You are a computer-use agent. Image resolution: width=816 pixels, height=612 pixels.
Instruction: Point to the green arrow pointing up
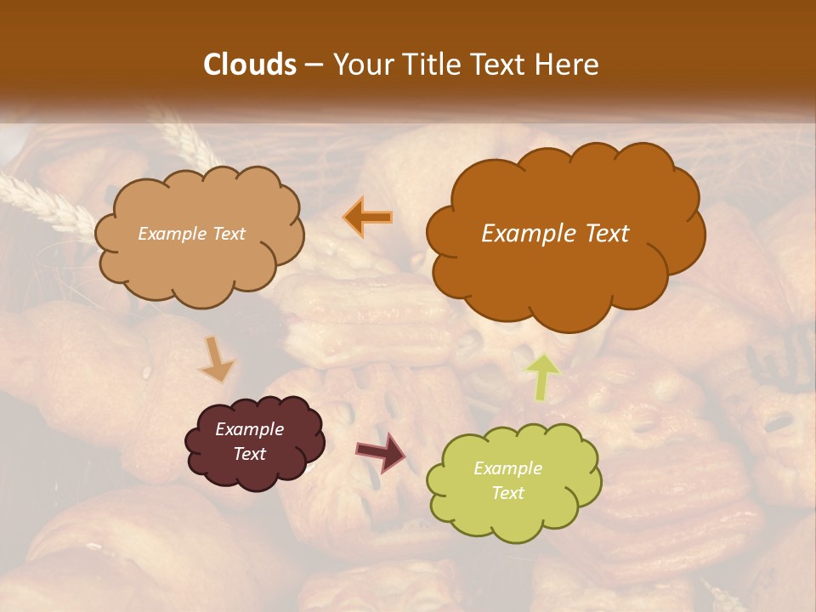(x=542, y=377)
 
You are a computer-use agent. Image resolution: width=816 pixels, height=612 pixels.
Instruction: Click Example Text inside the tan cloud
(x=192, y=234)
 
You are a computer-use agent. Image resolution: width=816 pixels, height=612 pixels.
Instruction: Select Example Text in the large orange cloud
(x=555, y=234)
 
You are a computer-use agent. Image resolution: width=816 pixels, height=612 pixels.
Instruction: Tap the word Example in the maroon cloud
(x=249, y=429)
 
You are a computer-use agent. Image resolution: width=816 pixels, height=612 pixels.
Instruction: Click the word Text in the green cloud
(x=507, y=493)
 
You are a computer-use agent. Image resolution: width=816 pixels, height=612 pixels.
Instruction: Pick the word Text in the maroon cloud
(x=249, y=454)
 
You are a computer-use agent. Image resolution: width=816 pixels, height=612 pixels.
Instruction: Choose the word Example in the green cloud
(x=507, y=468)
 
